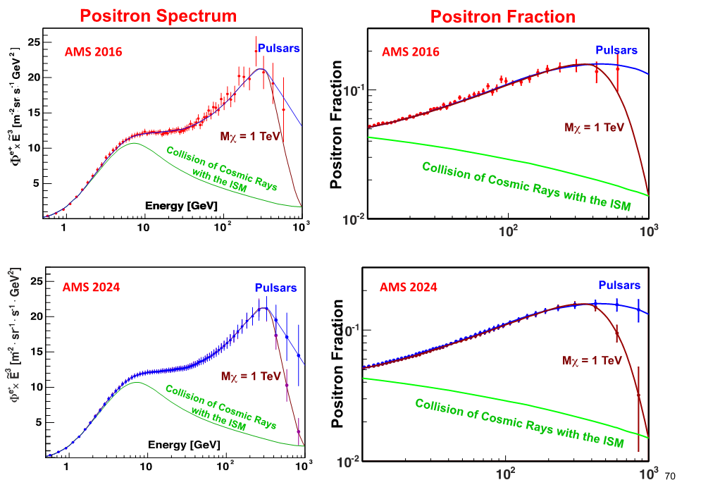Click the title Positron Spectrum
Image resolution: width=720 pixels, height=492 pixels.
click(x=157, y=16)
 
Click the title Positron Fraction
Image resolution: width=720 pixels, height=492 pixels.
click(x=503, y=16)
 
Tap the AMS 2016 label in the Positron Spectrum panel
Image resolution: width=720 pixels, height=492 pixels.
click(x=94, y=51)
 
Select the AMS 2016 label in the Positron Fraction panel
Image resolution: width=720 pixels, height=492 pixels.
click(x=411, y=51)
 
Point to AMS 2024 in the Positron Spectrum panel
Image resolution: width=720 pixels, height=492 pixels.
click(x=91, y=287)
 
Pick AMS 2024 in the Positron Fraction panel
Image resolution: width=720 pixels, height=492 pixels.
click(x=409, y=287)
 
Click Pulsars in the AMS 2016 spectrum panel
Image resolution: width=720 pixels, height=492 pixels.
click(x=279, y=49)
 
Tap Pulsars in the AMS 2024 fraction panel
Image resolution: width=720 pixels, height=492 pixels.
click(x=619, y=285)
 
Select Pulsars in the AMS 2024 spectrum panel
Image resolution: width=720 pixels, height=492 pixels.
click(x=275, y=288)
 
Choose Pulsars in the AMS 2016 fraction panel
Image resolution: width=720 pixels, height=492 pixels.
click(x=616, y=50)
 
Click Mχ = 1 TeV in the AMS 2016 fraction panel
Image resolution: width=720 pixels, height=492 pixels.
click(x=594, y=128)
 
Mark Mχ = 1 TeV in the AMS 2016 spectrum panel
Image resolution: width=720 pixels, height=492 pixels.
click(x=244, y=135)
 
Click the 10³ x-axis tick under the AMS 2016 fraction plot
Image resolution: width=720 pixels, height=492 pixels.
click(x=650, y=228)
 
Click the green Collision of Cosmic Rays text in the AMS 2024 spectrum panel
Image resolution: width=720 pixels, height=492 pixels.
click(x=220, y=408)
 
